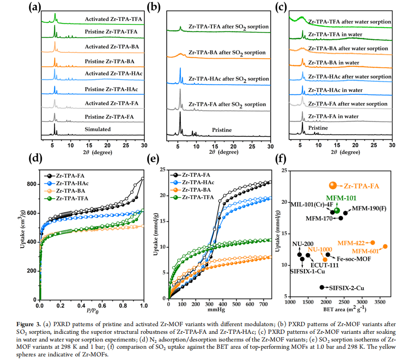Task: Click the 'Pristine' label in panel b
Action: tap(222, 130)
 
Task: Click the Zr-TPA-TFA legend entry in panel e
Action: tap(196, 198)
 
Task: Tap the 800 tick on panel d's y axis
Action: tap(30, 184)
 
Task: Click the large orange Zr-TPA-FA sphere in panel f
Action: tap(333, 185)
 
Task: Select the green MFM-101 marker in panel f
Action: tap(337, 211)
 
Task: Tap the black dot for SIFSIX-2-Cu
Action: tap(322, 287)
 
